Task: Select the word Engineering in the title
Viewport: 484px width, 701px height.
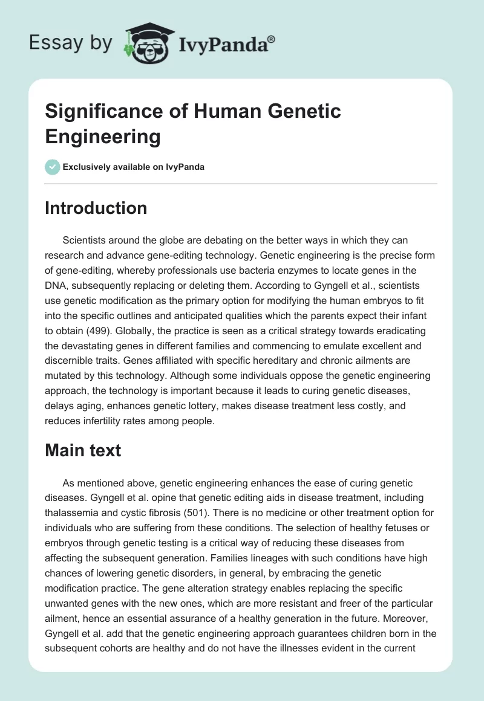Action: click(103, 137)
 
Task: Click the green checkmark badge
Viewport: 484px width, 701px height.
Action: click(52, 167)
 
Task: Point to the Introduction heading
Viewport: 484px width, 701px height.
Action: click(96, 208)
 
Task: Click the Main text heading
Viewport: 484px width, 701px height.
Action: click(83, 450)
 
